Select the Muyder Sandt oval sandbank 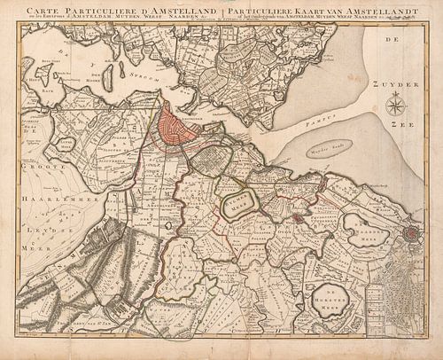[x=329, y=149]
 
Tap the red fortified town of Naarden [x=410, y=234]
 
